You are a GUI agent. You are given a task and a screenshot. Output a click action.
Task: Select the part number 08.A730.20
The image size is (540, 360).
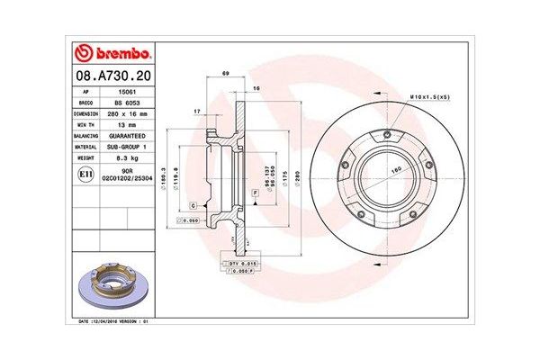point(112,78)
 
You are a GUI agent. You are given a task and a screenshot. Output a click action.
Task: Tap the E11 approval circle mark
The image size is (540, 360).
point(85,172)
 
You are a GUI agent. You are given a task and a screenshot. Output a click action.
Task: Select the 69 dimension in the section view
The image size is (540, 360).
point(226,72)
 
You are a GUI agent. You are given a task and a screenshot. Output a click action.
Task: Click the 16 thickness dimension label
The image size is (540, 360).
point(256,88)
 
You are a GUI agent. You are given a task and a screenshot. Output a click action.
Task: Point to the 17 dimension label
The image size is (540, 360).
point(196,111)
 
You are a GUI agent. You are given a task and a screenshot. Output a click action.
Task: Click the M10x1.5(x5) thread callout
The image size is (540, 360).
point(430,95)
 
